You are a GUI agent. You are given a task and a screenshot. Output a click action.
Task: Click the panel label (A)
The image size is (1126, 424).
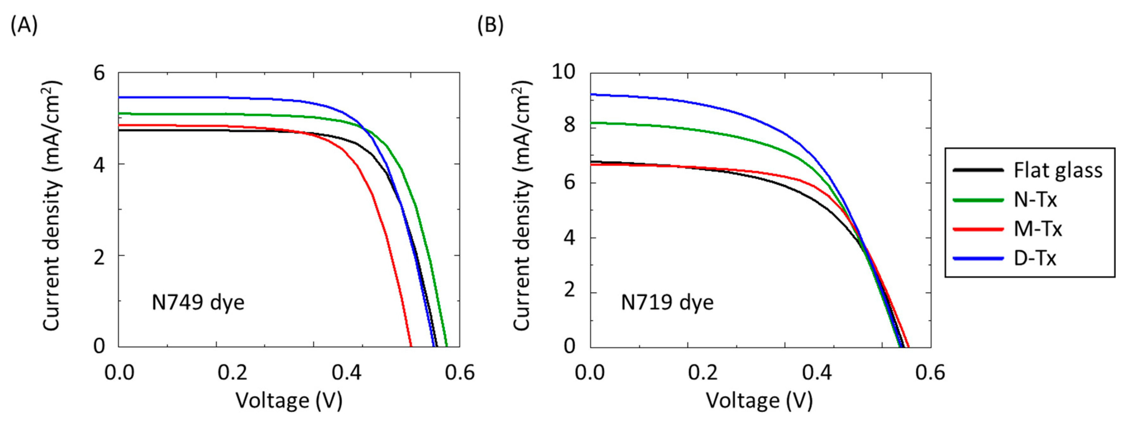click(x=24, y=25)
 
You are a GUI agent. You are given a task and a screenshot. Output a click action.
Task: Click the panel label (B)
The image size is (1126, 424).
click(x=490, y=25)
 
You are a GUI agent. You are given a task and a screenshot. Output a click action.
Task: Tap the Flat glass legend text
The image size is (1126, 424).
click(x=1058, y=170)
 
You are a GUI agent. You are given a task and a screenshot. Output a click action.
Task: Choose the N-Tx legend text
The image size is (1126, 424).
click(x=1035, y=200)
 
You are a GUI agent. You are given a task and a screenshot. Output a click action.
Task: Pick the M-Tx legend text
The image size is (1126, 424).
click(x=1038, y=229)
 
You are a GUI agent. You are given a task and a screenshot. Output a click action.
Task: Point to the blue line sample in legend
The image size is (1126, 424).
click(x=978, y=258)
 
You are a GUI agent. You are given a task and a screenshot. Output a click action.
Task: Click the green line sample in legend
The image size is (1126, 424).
click(x=978, y=200)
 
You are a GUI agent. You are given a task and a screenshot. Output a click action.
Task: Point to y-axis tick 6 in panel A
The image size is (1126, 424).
click(x=99, y=73)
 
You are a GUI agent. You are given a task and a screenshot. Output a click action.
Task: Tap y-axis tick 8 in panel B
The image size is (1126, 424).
click(x=569, y=126)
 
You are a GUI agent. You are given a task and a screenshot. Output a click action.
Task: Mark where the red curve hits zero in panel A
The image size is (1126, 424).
click(x=411, y=347)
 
